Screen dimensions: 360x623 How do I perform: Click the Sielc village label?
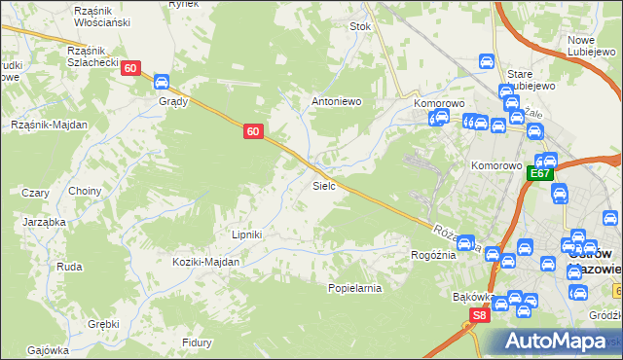[x=324, y=184]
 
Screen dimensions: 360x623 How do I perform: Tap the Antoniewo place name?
[x=337, y=100]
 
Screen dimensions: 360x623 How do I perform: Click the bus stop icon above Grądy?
[x=163, y=82]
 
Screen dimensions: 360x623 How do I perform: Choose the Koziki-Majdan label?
[x=205, y=262]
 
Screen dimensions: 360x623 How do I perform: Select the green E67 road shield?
[x=540, y=173]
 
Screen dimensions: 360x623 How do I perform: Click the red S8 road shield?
[x=478, y=315]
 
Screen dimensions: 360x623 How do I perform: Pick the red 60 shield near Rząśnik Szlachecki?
[x=131, y=68]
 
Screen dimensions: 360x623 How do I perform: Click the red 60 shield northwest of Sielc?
[x=252, y=131]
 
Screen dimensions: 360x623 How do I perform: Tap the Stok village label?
[x=361, y=27]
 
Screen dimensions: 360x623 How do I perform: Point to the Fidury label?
[x=198, y=342]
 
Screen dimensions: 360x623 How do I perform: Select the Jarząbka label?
[x=44, y=222]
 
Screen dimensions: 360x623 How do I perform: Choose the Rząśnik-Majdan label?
[x=50, y=125]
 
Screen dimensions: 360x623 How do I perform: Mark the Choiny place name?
[x=85, y=191]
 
